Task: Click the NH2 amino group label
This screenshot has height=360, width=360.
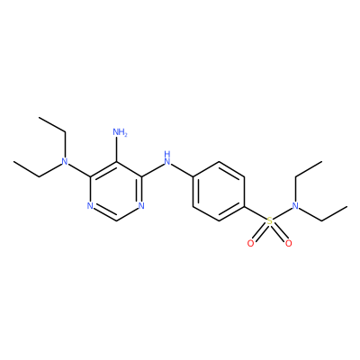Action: (120, 132)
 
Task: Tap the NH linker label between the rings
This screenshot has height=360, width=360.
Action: (167, 158)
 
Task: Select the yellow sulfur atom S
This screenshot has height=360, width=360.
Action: (270, 221)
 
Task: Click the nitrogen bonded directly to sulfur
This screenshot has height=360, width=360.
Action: (296, 206)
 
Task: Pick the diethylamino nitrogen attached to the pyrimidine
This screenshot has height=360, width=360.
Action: (64, 162)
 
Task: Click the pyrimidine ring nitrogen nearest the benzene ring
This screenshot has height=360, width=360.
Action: (141, 206)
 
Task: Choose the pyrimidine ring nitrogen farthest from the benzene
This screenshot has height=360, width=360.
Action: (90, 206)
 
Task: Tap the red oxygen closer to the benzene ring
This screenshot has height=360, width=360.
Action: (251, 244)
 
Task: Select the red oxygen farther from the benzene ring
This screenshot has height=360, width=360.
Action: (289, 244)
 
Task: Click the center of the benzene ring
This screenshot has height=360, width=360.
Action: (219, 192)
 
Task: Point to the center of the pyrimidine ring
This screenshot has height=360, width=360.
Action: (116, 192)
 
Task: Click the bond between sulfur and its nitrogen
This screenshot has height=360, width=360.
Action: (283, 214)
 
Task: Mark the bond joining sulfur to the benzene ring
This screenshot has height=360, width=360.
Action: (256, 212)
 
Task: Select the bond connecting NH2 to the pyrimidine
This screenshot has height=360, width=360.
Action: (116, 149)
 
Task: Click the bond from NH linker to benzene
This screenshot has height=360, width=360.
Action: (182, 169)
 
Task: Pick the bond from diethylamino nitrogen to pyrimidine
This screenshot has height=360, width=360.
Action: (79, 170)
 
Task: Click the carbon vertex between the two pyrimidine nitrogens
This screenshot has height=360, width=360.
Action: (116, 221)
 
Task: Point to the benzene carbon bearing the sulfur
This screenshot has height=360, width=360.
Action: (245, 206)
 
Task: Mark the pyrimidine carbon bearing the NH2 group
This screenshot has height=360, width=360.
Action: (116, 162)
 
